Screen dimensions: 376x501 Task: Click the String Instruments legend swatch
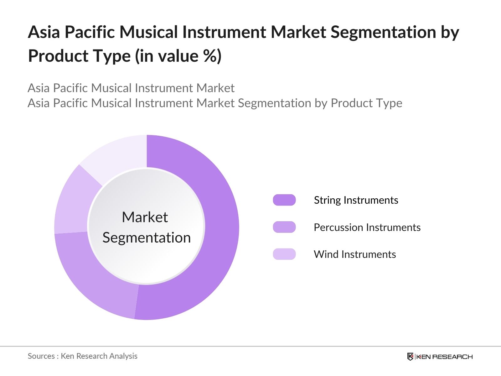pos(284,200)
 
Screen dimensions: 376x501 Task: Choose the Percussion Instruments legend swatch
pos(284,227)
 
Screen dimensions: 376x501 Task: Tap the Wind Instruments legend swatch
pos(284,254)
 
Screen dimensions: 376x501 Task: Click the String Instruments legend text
pos(356,200)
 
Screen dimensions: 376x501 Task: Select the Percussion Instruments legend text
pos(367,227)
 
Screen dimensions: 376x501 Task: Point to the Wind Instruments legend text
pos(355,254)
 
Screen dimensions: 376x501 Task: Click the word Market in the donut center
pos(145,217)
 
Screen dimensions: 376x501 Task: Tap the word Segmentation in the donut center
pos(147,238)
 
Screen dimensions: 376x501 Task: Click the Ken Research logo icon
pos(410,357)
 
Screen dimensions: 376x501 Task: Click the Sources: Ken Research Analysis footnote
pos(82,356)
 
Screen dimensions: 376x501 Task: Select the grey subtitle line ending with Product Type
pos(215,103)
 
